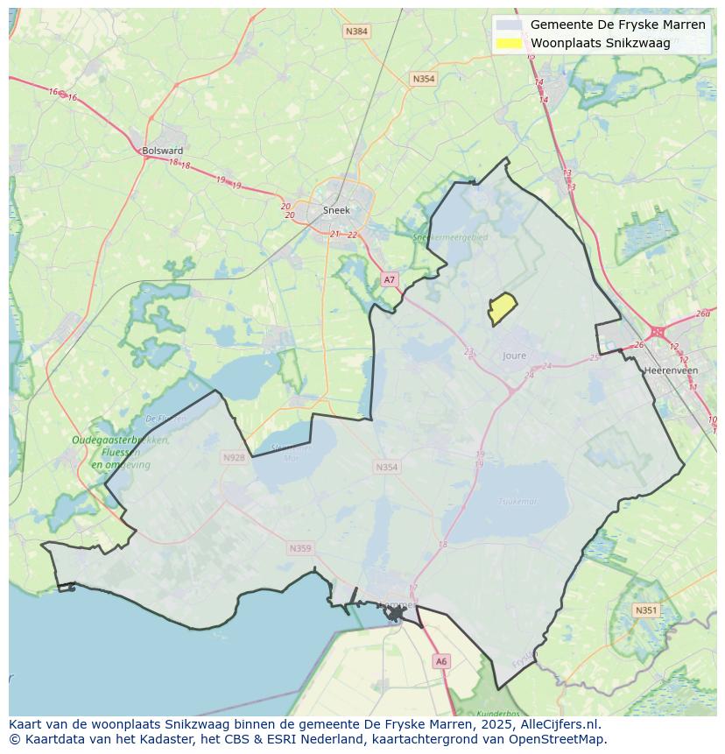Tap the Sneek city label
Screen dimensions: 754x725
tap(336, 210)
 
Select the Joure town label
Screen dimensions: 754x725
tap(515, 356)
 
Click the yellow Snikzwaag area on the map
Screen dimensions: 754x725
tap(503, 309)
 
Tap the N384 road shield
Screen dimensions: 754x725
tap(356, 32)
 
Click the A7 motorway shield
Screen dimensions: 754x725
tap(390, 279)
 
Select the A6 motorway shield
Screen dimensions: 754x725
tap(441, 662)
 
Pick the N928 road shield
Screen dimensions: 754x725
tap(234, 457)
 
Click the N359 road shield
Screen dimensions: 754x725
tap(299, 548)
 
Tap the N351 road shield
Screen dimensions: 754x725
tap(646, 610)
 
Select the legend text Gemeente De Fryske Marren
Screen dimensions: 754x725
tap(617, 25)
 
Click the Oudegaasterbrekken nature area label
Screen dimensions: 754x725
tap(120, 440)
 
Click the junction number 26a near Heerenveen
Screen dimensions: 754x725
tap(703, 314)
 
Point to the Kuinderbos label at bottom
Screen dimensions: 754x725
tap(500, 713)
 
